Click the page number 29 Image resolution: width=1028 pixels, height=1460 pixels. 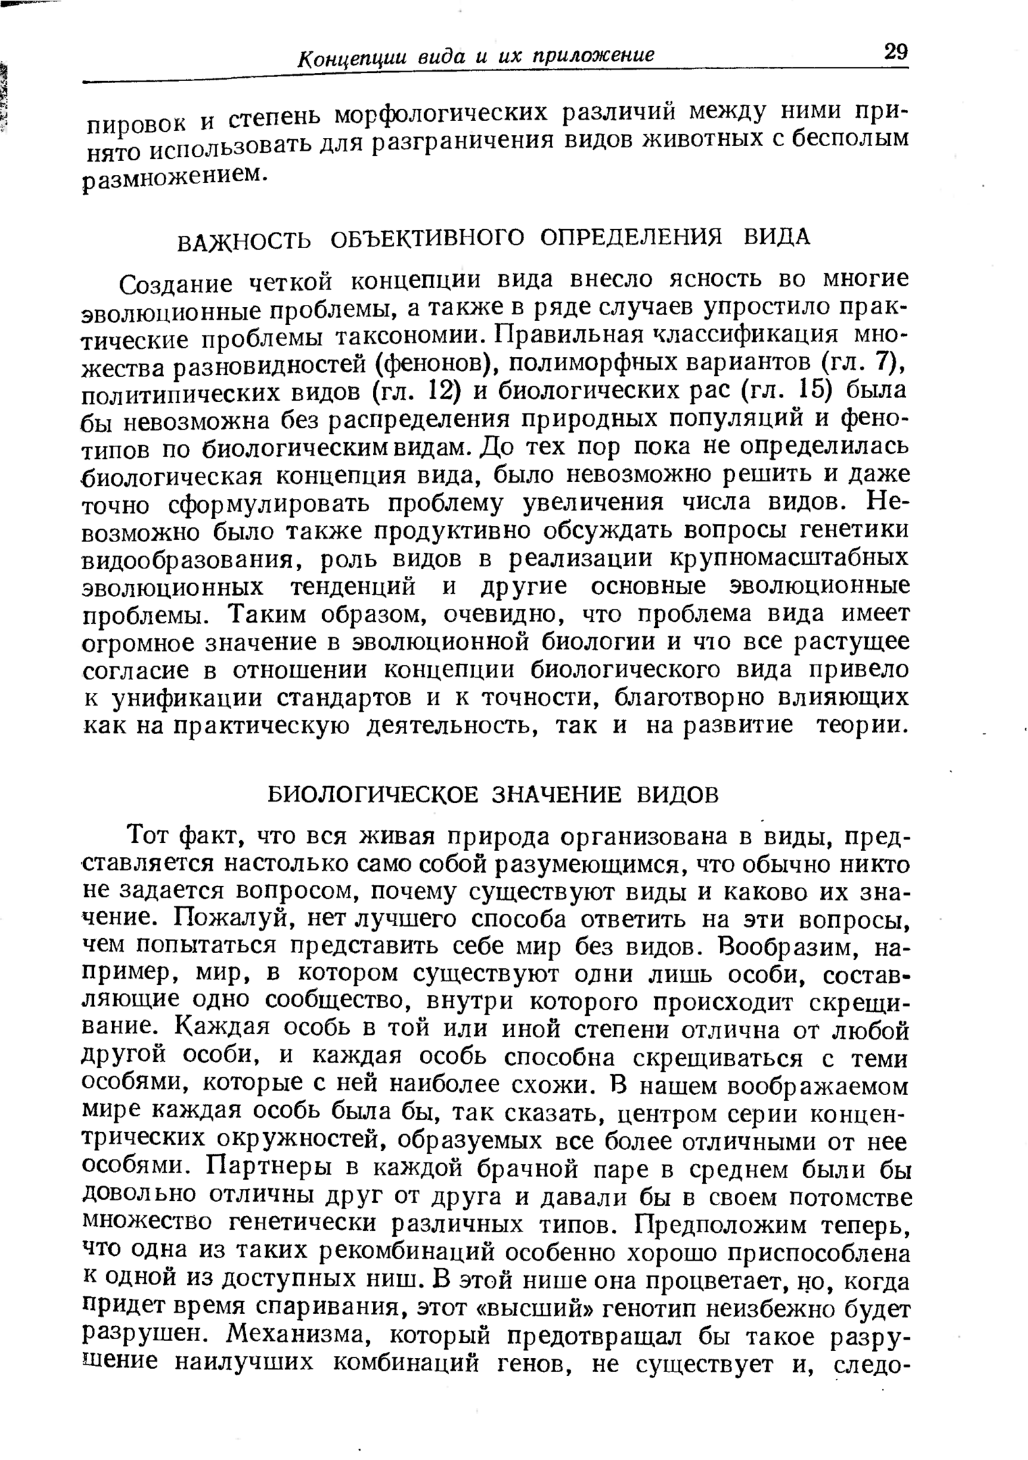tap(895, 52)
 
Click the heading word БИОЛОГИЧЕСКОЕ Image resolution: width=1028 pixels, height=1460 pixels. tap(372, 794)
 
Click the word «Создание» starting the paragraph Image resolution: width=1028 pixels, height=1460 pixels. tap(176, 285)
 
